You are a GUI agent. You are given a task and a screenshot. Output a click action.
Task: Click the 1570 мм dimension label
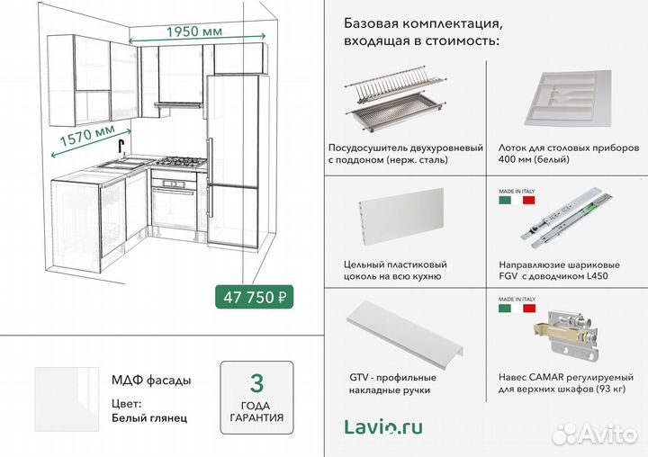coord(88,139)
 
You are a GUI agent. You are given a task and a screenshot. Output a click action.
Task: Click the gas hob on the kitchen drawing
coord(180,163)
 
